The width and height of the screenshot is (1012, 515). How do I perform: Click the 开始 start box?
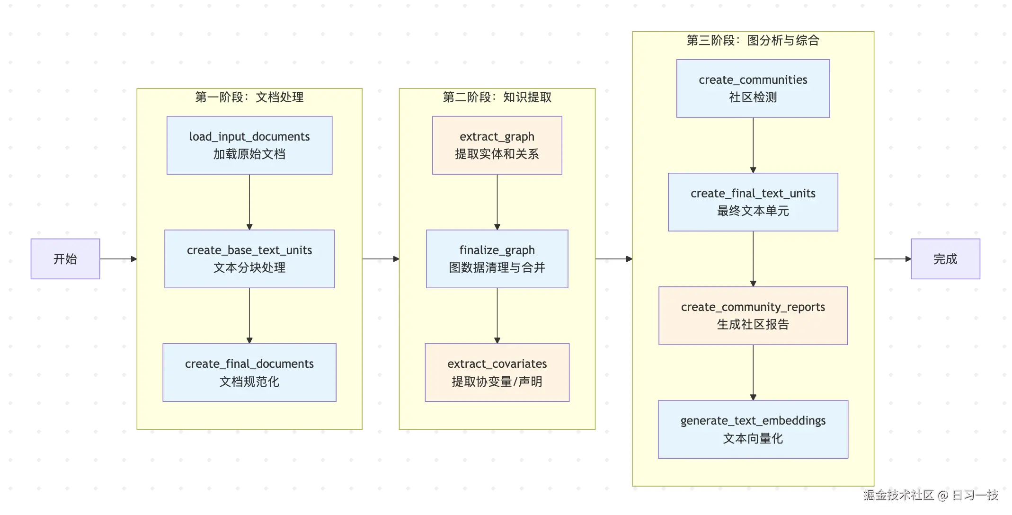tap(65, 259)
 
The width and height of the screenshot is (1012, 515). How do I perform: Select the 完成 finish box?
tap(945, 259)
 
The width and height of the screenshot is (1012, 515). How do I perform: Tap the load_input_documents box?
tap(249, 145)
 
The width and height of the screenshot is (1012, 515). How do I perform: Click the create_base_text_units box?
tap(249, 259)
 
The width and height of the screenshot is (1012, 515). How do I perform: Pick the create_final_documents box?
tap(249, 373)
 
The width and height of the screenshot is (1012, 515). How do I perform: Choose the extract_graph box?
tap(497, 145)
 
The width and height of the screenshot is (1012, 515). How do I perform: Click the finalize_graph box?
tap(497, 259)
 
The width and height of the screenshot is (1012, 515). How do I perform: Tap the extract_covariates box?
tap(497, 373)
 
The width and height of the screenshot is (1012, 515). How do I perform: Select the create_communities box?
tap(753, 89)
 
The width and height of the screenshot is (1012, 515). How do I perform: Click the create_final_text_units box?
tap(753, 202)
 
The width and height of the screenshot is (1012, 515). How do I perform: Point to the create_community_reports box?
tap(753, 316)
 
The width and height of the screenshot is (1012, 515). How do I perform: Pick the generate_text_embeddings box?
tap(753, 429)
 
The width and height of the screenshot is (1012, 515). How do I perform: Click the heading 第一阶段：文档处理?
tap(249, 98)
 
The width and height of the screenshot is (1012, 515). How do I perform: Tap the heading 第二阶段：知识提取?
tap(497, 98)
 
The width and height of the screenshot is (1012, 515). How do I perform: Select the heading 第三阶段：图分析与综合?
tap(753, 41)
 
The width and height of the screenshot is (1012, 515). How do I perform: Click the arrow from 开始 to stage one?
tap(118, 259)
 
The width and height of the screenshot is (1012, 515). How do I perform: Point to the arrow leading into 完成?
tap(892, 259)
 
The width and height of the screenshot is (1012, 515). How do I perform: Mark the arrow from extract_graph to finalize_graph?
tap(497, 202)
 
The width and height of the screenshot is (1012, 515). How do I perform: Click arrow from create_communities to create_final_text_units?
tap(753, 145)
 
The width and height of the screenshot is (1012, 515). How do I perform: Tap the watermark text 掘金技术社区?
tap(898, 495)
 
